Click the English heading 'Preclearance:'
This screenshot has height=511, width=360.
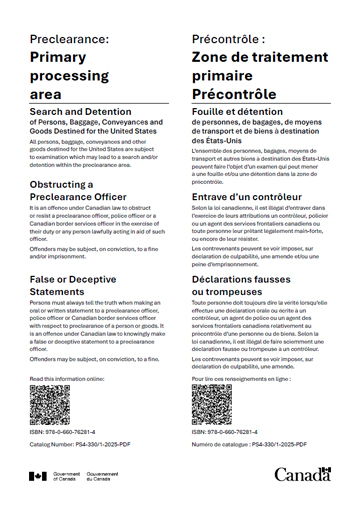[x=69, y=39]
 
